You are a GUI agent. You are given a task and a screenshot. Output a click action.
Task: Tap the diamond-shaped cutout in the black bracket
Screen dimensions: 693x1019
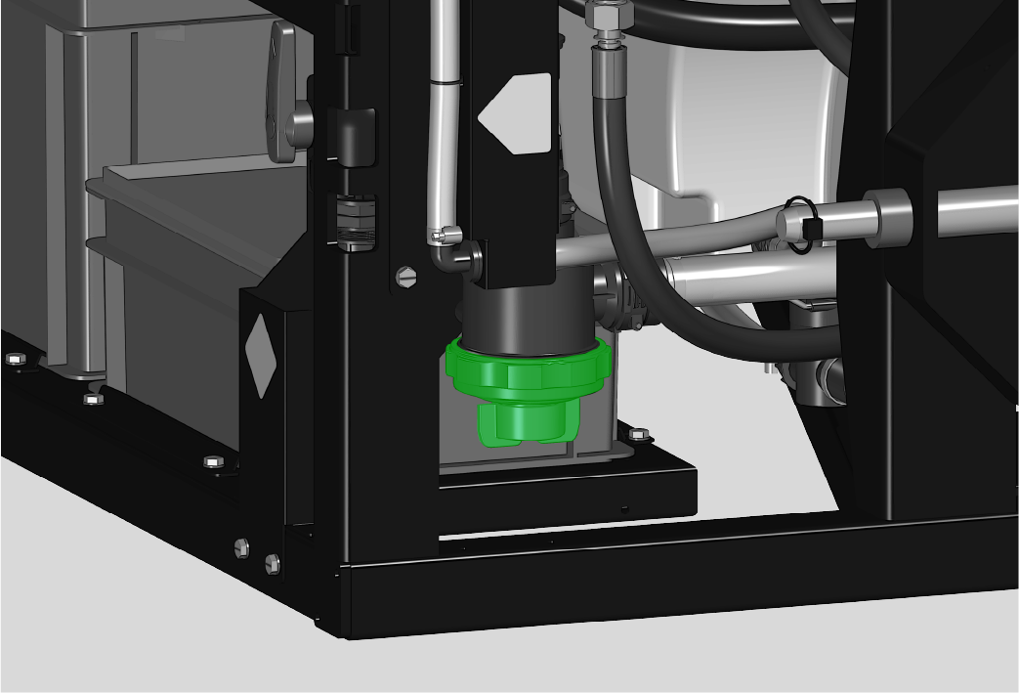(260, 356)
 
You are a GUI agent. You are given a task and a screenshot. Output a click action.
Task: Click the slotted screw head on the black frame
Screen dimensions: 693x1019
(406, 278)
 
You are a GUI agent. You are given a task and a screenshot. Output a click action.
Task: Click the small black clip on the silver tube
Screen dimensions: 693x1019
(811, 229)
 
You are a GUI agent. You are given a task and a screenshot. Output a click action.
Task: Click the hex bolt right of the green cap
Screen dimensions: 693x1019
(638, 434)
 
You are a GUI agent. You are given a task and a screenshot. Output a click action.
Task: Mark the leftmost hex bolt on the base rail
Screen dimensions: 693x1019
(15, 359)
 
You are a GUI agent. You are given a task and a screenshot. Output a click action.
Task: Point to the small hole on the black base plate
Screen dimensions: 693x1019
(624, 507)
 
